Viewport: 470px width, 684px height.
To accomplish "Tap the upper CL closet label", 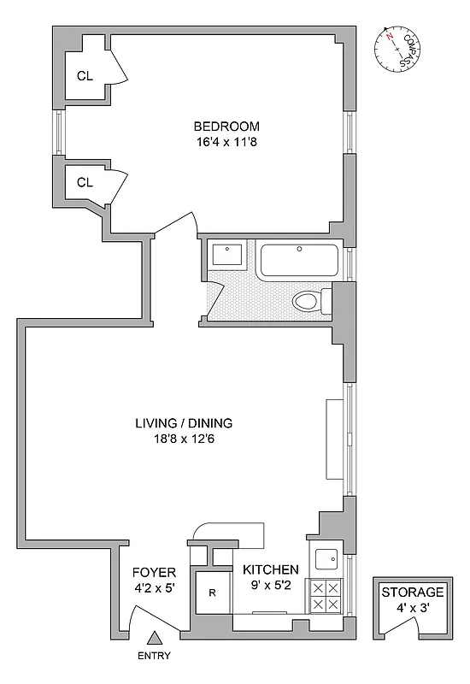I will point(85,75).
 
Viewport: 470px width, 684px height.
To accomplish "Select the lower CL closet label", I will point(85,182).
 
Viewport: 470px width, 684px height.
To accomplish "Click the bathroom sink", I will point(227,255).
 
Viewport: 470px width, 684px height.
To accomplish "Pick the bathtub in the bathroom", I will point(298,260).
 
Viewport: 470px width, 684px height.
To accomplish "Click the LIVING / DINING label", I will point(184,423).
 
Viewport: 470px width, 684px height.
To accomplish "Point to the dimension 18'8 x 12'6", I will point(184,439).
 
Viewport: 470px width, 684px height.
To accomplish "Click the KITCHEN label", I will point(271,570).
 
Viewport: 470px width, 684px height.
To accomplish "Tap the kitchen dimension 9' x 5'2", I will point(271,587).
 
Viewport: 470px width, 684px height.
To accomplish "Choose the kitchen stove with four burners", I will point(325,595).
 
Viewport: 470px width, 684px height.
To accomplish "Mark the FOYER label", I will point(154,572).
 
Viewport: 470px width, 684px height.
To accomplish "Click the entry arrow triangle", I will point(155,638).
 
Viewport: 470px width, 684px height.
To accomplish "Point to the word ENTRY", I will point(155,657).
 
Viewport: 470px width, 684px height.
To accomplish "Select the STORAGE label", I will point(413,592).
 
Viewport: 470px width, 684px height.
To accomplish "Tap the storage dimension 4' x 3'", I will point(413,608).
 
